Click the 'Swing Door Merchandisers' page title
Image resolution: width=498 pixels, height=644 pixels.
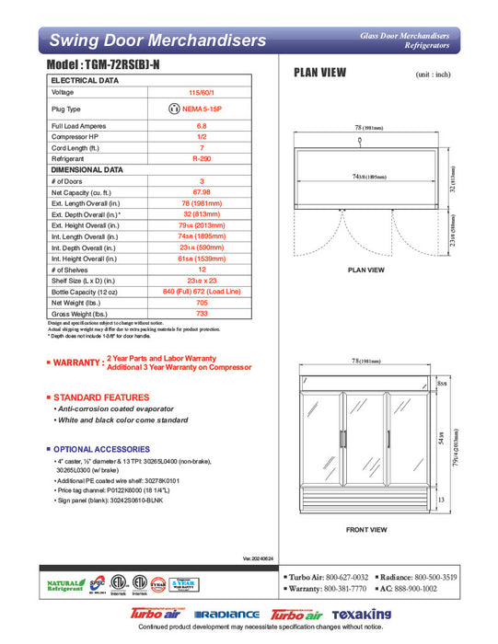point(157,40)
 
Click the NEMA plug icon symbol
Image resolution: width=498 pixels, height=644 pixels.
point(174,109)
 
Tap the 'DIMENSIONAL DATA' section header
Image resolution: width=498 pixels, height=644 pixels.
point(87,169)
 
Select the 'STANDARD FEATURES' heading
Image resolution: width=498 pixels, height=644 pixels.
point(101,397)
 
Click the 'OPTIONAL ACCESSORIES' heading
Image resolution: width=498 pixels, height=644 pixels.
point(105,448)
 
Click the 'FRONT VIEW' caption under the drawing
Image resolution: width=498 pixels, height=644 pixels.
point(365,530)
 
